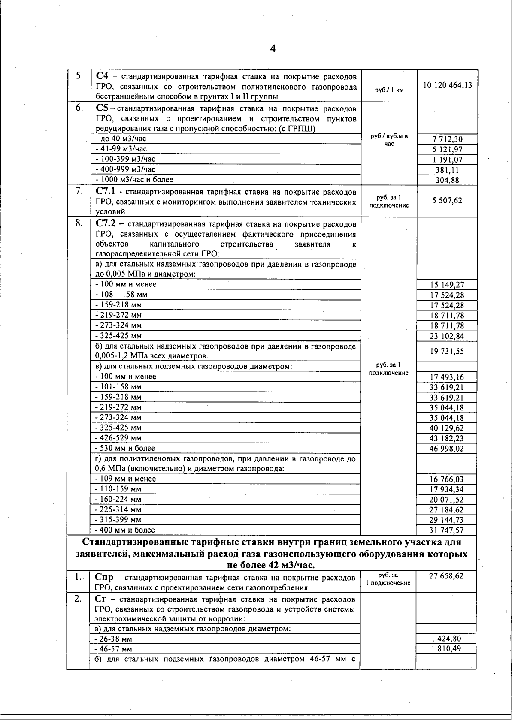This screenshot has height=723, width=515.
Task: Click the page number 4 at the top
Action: click(x=273, y=48)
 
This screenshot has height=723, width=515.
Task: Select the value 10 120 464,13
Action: click(x=447, y=85)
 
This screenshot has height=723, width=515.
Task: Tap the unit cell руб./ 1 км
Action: click(x=389, y=90)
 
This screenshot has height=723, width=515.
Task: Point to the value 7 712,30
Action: click(x=447, y=139)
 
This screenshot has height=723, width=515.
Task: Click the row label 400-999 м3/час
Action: click(x=125, y=169)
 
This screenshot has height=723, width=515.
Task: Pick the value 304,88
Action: click(x=447, y=180)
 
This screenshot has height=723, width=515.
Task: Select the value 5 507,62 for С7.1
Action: click(x=447, y=201)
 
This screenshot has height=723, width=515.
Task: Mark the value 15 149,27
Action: click(x=447, y=285)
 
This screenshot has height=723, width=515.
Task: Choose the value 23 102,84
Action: click(x=447, y=336)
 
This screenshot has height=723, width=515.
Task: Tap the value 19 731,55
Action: click(x=447, y=352)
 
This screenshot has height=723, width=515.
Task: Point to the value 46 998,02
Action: click(x=447, y=449)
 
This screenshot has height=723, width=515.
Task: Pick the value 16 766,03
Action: click(x=447, y=479)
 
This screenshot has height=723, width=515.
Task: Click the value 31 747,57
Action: click(x=447, y=530)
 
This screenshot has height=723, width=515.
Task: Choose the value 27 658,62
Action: click(x=446, y=576)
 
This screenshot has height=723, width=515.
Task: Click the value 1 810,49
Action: click(x=446, y=649)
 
